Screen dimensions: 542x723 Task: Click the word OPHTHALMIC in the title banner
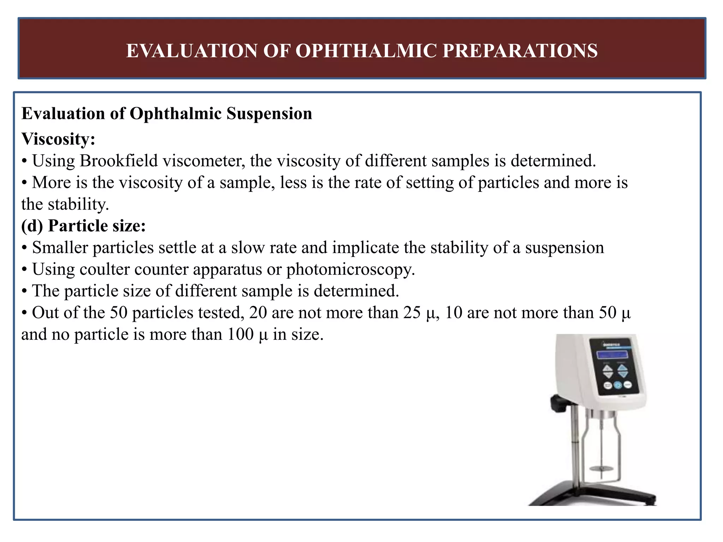pos(366,51)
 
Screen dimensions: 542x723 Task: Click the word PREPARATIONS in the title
pos(520,51)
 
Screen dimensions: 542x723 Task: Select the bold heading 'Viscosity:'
pos(58,139)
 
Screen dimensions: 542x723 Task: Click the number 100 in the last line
pos(240,334)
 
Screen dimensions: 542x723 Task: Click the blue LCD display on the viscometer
pos(612,354)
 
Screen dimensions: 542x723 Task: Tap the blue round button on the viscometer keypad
pos(617,385)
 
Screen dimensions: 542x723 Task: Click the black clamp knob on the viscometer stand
pos(558,403)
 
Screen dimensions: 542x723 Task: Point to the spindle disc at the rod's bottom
pos(602,468)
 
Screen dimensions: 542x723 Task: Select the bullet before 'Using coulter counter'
pos(24,270)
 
